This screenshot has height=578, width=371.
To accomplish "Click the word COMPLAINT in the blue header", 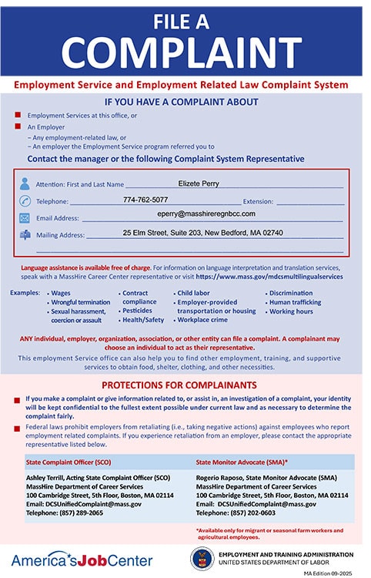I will (185, 52).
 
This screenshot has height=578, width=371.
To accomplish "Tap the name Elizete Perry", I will (199, 183).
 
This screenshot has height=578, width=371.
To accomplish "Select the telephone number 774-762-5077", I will (145, 200).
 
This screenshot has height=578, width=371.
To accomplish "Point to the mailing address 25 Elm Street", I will (202, 232).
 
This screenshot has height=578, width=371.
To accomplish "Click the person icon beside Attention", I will (25, 184).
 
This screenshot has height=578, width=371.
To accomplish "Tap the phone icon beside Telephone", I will (25, 201).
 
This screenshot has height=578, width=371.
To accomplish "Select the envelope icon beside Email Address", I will (25, 218).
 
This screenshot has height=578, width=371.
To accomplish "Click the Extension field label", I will (258, 202).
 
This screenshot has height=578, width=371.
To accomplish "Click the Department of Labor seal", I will (202, 557).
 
